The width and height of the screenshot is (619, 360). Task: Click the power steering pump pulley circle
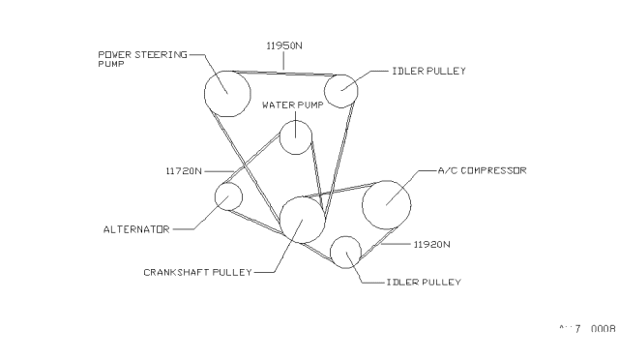pos(227,93)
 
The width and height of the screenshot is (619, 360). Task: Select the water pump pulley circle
pos(296,136)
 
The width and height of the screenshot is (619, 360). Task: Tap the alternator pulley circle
pos(228,195)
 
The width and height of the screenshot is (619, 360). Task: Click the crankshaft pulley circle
pos(302,219)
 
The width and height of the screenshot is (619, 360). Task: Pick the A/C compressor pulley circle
pos(386,204)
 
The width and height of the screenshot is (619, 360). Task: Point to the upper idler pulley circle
pos(341,89)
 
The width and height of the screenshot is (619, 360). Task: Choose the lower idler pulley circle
pos(345,252)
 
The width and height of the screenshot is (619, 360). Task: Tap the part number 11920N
pos(432,246)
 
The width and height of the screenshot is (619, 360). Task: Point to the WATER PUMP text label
pos(290,104)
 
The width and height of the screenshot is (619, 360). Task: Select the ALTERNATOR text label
pos(136,229)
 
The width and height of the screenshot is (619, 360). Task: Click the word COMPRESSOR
pos(493,170)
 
